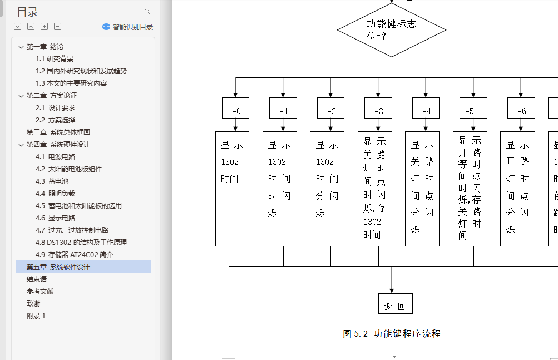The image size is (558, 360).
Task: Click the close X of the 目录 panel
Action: [x=147, y=12]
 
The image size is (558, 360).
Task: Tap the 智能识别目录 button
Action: [x=127, y=27]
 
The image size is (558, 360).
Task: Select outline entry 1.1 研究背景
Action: [x=55, y=59]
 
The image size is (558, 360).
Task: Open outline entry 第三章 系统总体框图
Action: [x=58, y=132]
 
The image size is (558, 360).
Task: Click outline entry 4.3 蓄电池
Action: [x=52, y=181]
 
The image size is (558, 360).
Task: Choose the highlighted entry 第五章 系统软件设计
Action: [x=58, y=267]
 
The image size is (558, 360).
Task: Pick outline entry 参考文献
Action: [x=40, y=292]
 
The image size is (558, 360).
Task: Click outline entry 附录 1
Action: [x=36, y=316]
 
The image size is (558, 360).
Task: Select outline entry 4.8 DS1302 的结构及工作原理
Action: [x=81, y=243]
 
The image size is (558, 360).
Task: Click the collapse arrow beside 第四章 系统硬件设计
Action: [x=21, y=145]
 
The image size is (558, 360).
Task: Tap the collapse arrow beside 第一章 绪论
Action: [x=21, y=47]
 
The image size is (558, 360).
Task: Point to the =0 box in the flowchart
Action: [x=235, y=109]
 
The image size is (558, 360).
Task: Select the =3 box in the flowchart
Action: [x=378, y=109]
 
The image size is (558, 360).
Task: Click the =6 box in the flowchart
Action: [x=521, y=109]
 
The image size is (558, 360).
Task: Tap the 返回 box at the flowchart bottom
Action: [x=395, y=304]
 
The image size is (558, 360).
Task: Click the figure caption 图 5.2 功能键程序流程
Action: [x=392, y=334]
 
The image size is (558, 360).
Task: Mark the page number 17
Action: [x=392, y=358]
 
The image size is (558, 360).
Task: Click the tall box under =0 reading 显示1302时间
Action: [x=232, y=189]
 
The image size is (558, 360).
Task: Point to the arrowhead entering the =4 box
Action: [x=426, y=95]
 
